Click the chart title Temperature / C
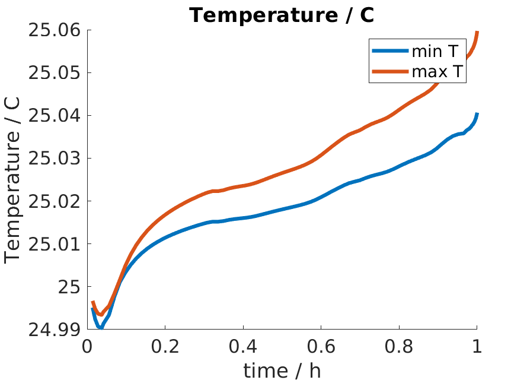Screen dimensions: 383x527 282,15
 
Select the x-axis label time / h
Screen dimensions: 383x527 282,371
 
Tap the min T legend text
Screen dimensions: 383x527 435,52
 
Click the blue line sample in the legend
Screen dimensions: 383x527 389,52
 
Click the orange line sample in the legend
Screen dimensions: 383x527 389,72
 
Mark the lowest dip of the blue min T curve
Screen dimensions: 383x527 100,327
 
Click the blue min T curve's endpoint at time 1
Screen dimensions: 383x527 477,113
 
